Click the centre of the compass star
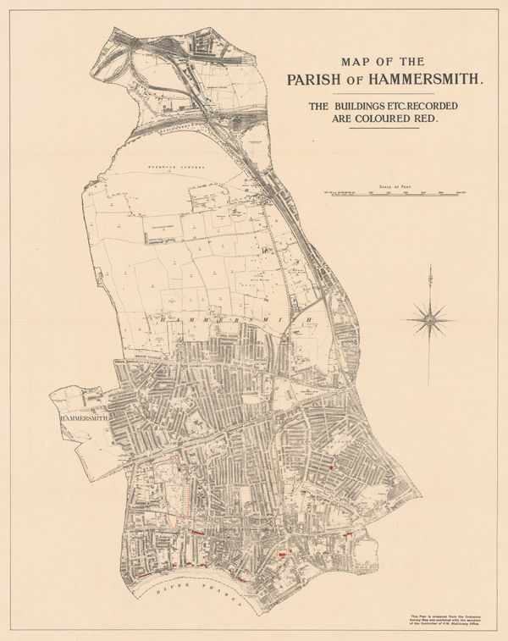(431, 320)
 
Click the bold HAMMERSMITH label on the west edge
(82, 417)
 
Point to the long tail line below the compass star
(431, 360)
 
